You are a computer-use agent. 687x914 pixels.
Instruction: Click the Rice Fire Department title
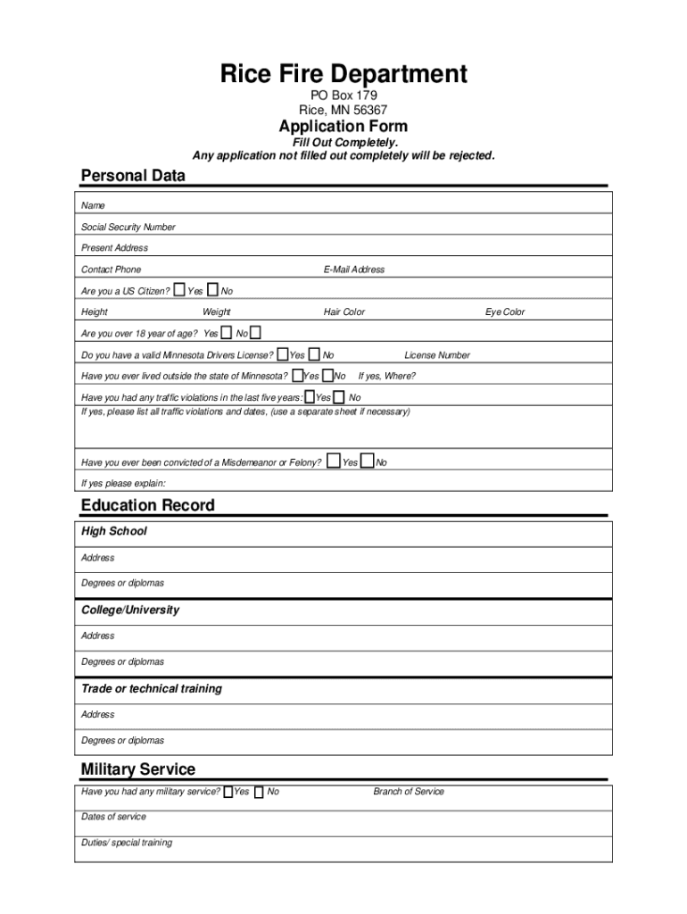(x=343, y=73)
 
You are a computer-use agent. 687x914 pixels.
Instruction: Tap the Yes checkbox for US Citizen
(x=179, y=289)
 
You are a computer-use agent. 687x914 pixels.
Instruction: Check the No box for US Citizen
(x=212, y=289)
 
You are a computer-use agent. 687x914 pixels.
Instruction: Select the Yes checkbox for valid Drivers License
(x=283, y=354)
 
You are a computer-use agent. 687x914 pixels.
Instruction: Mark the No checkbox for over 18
(x=255, y=333)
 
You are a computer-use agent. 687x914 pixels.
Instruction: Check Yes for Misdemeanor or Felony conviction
(x=333, y=461)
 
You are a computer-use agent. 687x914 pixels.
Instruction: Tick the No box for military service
(x=259, y=792)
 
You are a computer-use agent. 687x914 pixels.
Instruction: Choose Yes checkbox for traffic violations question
(x=309, y=396)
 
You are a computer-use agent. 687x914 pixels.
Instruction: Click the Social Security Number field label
(x=128, y=227)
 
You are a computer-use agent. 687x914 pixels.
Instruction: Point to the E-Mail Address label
(x=354, y=270)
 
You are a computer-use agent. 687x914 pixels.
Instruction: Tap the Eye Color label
(x=505, y=312)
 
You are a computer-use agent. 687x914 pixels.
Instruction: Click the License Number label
(x=437, y=355)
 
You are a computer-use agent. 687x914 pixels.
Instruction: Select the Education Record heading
(x=147, y=505)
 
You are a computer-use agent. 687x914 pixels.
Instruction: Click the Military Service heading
(x=137, y=769)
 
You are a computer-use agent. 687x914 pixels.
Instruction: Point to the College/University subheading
(x=130, y=611)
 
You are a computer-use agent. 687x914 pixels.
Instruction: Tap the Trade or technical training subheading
(x=152, y=689)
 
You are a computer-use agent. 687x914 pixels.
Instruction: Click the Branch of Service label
(x=408, y=792)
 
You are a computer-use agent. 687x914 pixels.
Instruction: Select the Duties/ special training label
(x=127, y=843)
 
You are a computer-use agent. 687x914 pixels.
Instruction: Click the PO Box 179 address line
(x=343, y=96)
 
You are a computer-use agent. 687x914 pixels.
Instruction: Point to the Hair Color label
(x=343, y=312)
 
